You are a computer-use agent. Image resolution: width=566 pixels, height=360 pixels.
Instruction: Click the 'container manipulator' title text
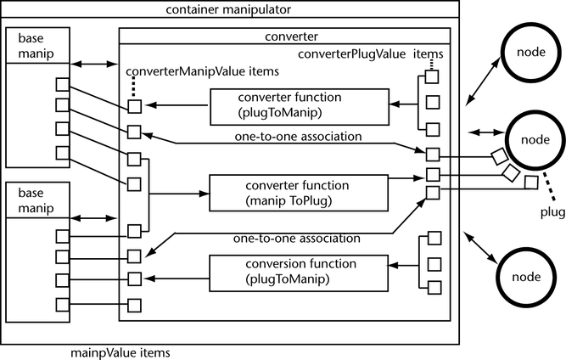tap(230, 9)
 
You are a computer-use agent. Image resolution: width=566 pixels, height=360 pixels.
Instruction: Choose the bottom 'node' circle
tap(529, 277)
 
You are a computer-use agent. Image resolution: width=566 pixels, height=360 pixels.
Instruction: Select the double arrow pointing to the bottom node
tap(480, 251)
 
